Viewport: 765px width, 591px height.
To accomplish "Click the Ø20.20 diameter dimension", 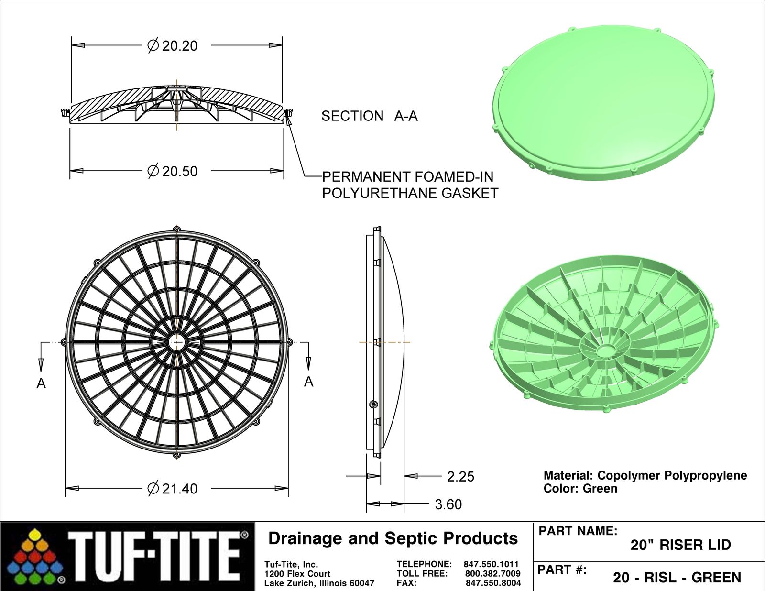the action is [173, 46].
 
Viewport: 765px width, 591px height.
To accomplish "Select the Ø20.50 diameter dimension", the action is [173, 172].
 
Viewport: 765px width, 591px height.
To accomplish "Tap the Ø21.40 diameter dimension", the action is [173, 489].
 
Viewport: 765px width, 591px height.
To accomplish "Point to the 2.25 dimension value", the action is [460, 477].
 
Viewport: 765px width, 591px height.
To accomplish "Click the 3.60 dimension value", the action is [448, 504].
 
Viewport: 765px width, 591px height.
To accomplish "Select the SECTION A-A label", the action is [369, 116].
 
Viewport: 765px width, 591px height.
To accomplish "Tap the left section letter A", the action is [41, 383].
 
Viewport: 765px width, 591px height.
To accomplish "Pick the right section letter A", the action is [309, 382].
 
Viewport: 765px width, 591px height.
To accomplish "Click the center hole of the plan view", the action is [176, 342].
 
